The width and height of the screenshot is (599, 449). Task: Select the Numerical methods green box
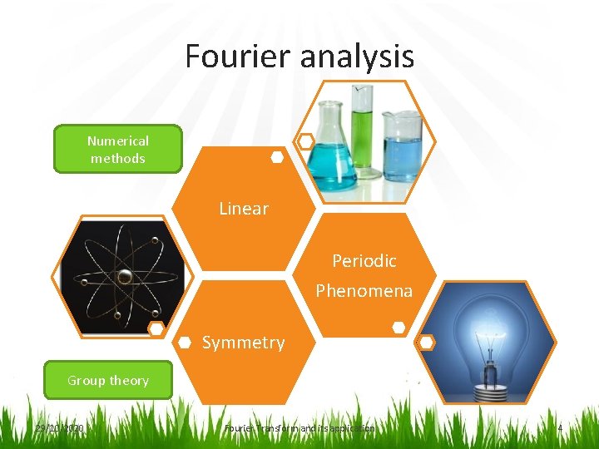[117, 150]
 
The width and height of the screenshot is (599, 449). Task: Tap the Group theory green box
[108, 381]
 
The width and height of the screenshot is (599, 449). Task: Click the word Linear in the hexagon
[244, 209]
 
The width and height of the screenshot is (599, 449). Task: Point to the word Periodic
[364, 261]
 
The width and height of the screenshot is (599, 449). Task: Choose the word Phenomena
[364, 291]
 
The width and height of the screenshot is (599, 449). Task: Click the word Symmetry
[243, 343]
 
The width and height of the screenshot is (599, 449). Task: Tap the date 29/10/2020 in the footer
[59, 428]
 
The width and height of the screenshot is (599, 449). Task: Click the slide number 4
[560, 428]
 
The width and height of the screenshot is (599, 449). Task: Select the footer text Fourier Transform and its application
[299, 428]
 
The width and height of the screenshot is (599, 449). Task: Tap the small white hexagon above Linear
[277, 157]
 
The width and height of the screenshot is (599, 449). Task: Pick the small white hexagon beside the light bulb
[426, 342]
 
